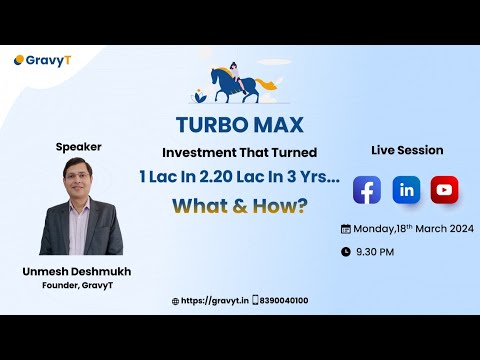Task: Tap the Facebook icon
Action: [367, 189]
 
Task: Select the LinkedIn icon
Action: [406, 189]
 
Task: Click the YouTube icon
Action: [444, 189]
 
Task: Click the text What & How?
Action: [239, 206]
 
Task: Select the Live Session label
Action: [407, 149]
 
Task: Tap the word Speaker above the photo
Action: [78, 146]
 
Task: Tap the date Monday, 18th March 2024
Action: [413, 228]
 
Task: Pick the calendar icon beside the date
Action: [346, 228]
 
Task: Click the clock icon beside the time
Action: [346, 252]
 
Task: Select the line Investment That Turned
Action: [239, 153]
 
